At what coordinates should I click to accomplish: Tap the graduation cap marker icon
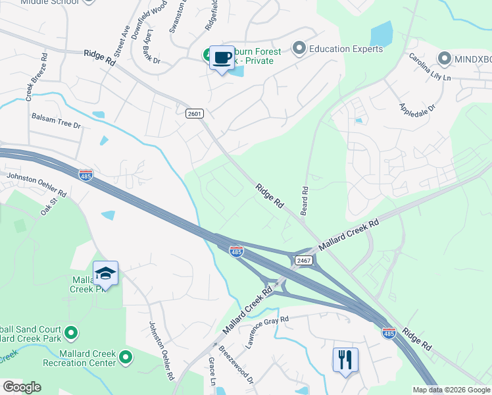coord(105,273)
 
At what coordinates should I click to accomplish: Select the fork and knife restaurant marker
coord(345,359)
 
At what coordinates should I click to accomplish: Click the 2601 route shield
coord(194,113)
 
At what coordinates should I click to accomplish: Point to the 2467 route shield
coord(303,261)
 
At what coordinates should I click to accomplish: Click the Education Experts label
coord(346,49)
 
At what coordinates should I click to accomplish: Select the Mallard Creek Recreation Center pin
coord(125,358)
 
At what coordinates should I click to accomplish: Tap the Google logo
coord(22,387)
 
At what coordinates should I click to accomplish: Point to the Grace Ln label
coord(212,373)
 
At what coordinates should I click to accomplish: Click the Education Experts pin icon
coord(300,48)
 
